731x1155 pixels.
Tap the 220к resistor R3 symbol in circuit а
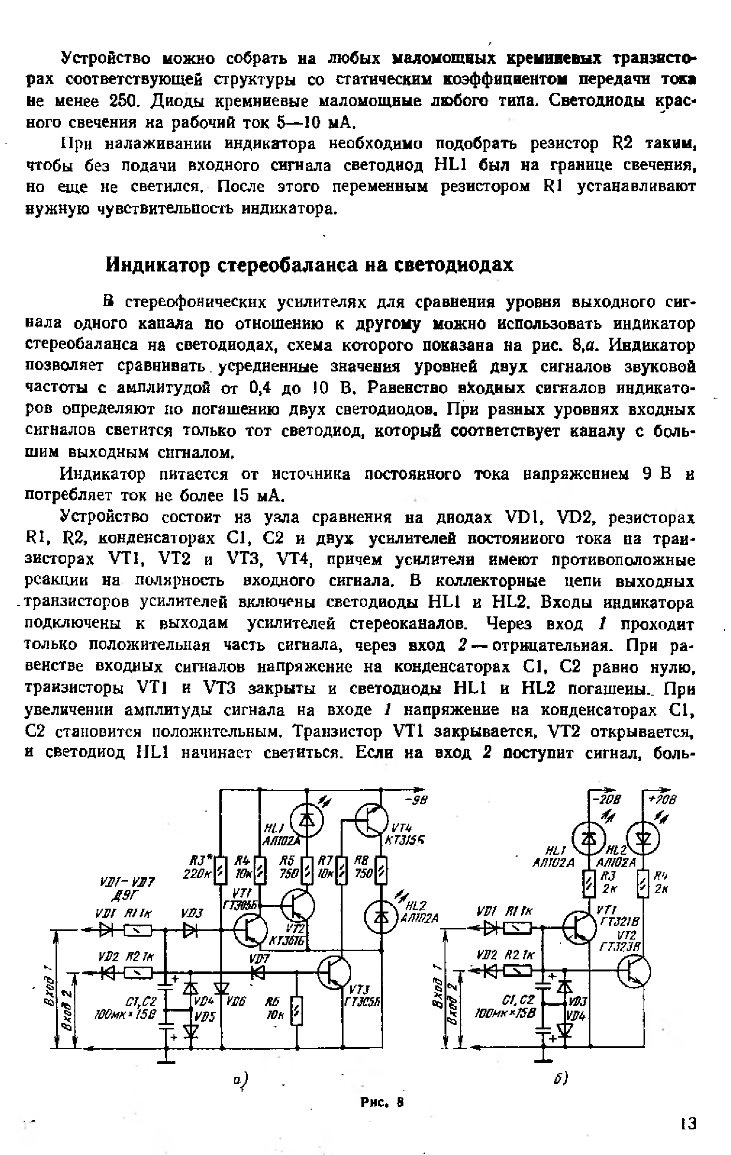pyautogui.click(x=220, y=870)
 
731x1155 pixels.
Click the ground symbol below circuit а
pyautogui.click(x=166, y=1061)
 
